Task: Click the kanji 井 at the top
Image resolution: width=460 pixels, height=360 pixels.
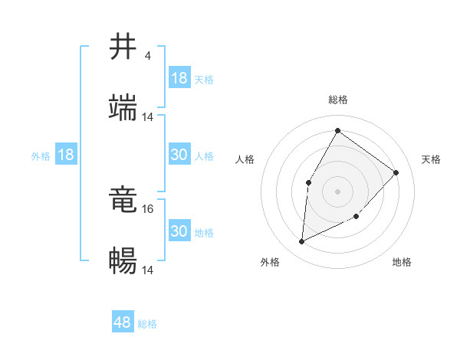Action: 123,47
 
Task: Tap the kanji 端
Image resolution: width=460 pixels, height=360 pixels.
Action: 123,108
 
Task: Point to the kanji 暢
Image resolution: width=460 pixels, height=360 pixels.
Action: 123,261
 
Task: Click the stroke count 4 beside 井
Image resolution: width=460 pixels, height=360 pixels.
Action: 147,56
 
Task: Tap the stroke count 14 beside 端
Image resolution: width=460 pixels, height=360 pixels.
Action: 148,117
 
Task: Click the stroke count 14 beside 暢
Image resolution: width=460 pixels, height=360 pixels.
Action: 148,270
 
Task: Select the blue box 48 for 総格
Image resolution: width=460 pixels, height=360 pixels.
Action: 123,322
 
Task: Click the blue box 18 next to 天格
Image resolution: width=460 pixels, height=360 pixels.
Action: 179,78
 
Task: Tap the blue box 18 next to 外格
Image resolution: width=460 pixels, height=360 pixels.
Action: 66,155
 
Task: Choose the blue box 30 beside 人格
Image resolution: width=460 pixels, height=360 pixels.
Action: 179,155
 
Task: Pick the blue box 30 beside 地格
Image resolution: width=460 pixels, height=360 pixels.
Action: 179,231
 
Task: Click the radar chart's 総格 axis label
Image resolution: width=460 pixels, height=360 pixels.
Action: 337,100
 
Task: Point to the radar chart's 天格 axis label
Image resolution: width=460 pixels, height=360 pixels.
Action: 431,159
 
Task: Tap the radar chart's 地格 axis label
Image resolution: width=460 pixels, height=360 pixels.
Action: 402,262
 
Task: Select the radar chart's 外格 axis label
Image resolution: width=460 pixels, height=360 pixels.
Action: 270,262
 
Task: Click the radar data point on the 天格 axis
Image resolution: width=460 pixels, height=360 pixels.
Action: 396,172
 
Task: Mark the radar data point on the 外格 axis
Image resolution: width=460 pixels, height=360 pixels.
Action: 302,242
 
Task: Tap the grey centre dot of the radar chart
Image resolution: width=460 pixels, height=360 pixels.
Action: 337,191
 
